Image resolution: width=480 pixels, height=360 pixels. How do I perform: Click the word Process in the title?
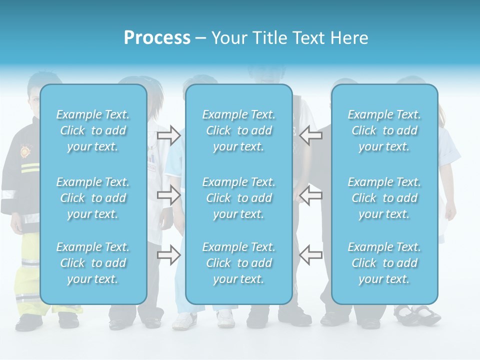(x=157, y=38)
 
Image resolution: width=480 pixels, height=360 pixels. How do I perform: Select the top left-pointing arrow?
(x=310, y=135)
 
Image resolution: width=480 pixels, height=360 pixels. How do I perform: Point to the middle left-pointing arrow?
(x=310, y=195)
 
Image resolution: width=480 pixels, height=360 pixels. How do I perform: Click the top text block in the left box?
(x=93, y=130)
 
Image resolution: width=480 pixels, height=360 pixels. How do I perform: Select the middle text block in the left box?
(x=93, y=198)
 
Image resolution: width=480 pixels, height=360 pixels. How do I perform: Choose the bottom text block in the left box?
(x=93, y=263)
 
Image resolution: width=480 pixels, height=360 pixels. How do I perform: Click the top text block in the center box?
(x=239, y=130)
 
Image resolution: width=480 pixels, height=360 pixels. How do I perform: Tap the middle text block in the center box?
(x=239, y=198)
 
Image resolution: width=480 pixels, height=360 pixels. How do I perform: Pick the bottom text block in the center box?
(x=239, y=263)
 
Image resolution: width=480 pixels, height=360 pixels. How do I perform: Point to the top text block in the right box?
(x=384, y=130)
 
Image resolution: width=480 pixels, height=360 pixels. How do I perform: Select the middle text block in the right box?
(x=384, y=198)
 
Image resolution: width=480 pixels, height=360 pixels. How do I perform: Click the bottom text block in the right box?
(x=384, y=263)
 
